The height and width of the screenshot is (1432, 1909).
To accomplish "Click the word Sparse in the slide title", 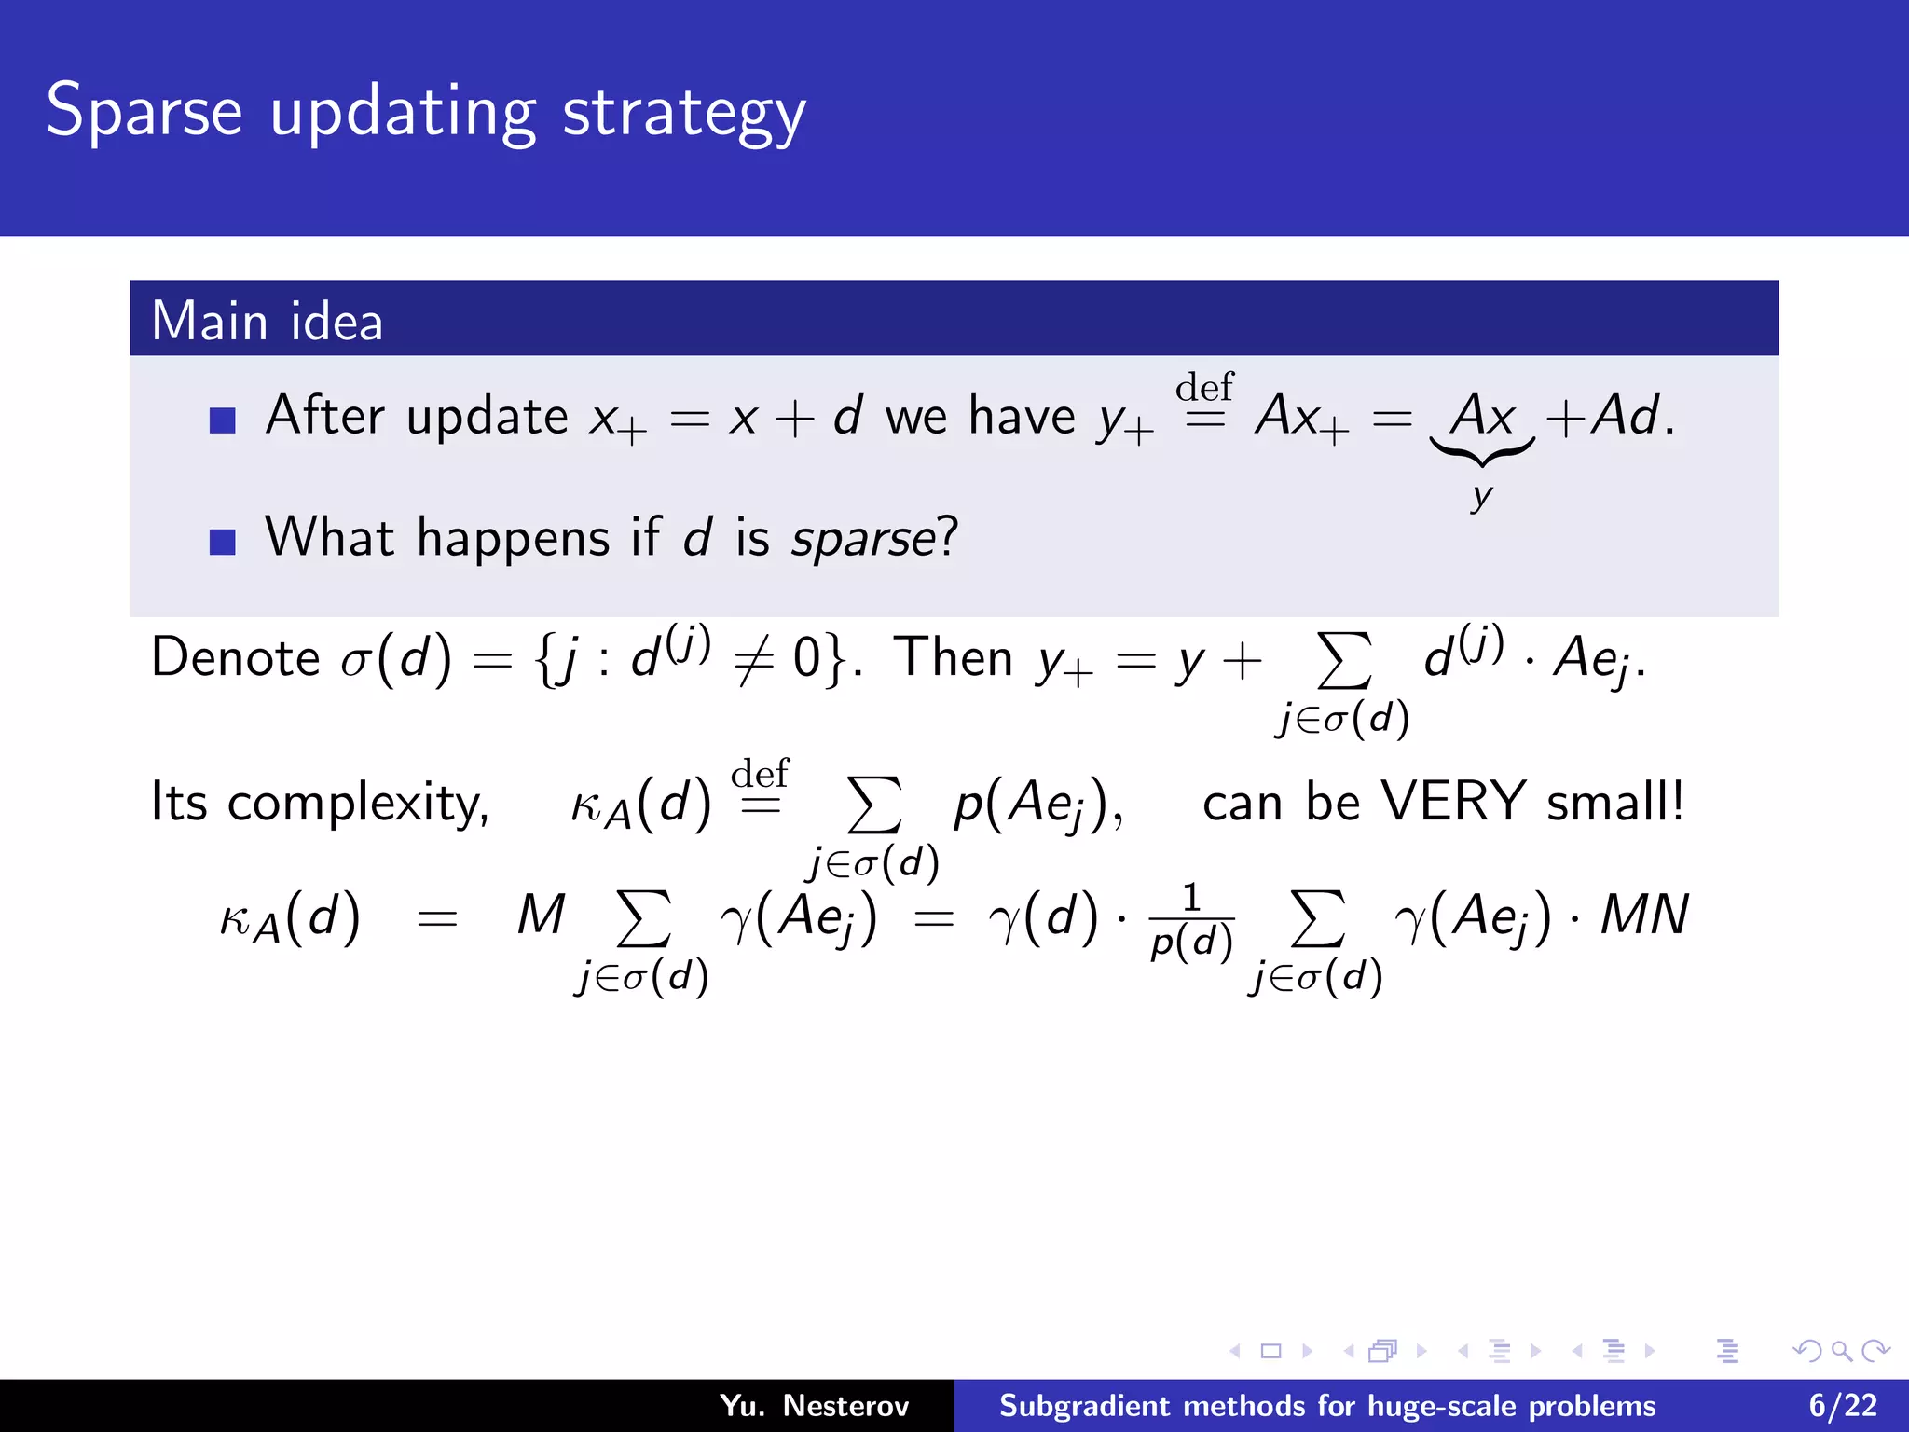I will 144,112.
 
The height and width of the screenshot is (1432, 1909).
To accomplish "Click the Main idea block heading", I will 267,321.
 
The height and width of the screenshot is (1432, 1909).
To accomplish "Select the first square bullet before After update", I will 222,420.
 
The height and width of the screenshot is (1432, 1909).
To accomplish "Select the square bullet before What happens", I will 222,542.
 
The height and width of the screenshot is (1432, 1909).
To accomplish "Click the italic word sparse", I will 862,540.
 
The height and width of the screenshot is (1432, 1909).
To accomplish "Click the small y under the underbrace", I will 1481,496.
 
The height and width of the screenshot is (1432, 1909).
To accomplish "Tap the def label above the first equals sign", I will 1203,387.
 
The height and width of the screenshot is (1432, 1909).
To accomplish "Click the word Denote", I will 236,657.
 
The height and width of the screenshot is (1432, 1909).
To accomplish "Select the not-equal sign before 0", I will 754,661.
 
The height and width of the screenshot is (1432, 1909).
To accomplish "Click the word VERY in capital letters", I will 1452,801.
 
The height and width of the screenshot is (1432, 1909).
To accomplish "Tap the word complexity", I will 358,804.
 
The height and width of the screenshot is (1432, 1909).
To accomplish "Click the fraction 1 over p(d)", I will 1191,921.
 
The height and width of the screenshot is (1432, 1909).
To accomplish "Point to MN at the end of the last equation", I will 1644,916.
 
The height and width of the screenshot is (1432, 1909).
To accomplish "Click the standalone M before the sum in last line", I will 542,916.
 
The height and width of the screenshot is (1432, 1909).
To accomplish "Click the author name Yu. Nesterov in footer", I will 814,1406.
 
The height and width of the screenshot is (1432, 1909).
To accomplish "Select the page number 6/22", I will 1842,1406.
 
